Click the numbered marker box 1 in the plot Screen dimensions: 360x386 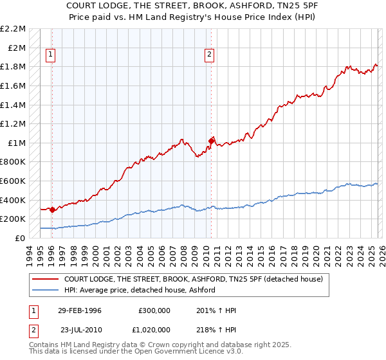point(51,55)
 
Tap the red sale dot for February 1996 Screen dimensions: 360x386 point(52,209)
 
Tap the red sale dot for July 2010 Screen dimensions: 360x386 point(211,140)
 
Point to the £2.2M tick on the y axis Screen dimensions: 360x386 point(13,29)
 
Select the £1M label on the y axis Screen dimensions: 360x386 point(16,143)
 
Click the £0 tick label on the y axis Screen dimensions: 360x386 point(21,238)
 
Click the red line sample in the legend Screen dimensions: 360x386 point(46,280)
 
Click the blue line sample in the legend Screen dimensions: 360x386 point(46,291)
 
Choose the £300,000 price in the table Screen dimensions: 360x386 point(154,310)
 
